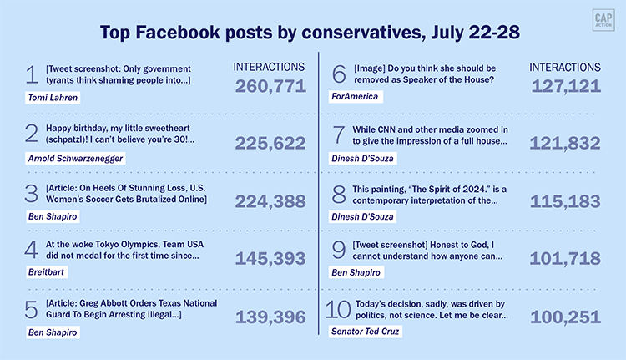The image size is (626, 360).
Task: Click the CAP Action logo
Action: tap(599, 20)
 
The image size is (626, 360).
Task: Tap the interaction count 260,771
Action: tap(270, 86)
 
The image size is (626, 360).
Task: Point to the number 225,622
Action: tap(270, 144)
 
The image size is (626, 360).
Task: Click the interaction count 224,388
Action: tap(270, 201)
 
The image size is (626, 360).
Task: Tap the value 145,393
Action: tap(270, 259)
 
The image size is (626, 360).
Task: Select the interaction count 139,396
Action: tap(270, 317)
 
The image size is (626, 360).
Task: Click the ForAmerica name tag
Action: tap(355, 97)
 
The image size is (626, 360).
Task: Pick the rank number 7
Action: tap(339, 135)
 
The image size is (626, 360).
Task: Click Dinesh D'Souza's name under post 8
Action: tap(364, 214)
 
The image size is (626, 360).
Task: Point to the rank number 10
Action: tap(337, 312)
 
